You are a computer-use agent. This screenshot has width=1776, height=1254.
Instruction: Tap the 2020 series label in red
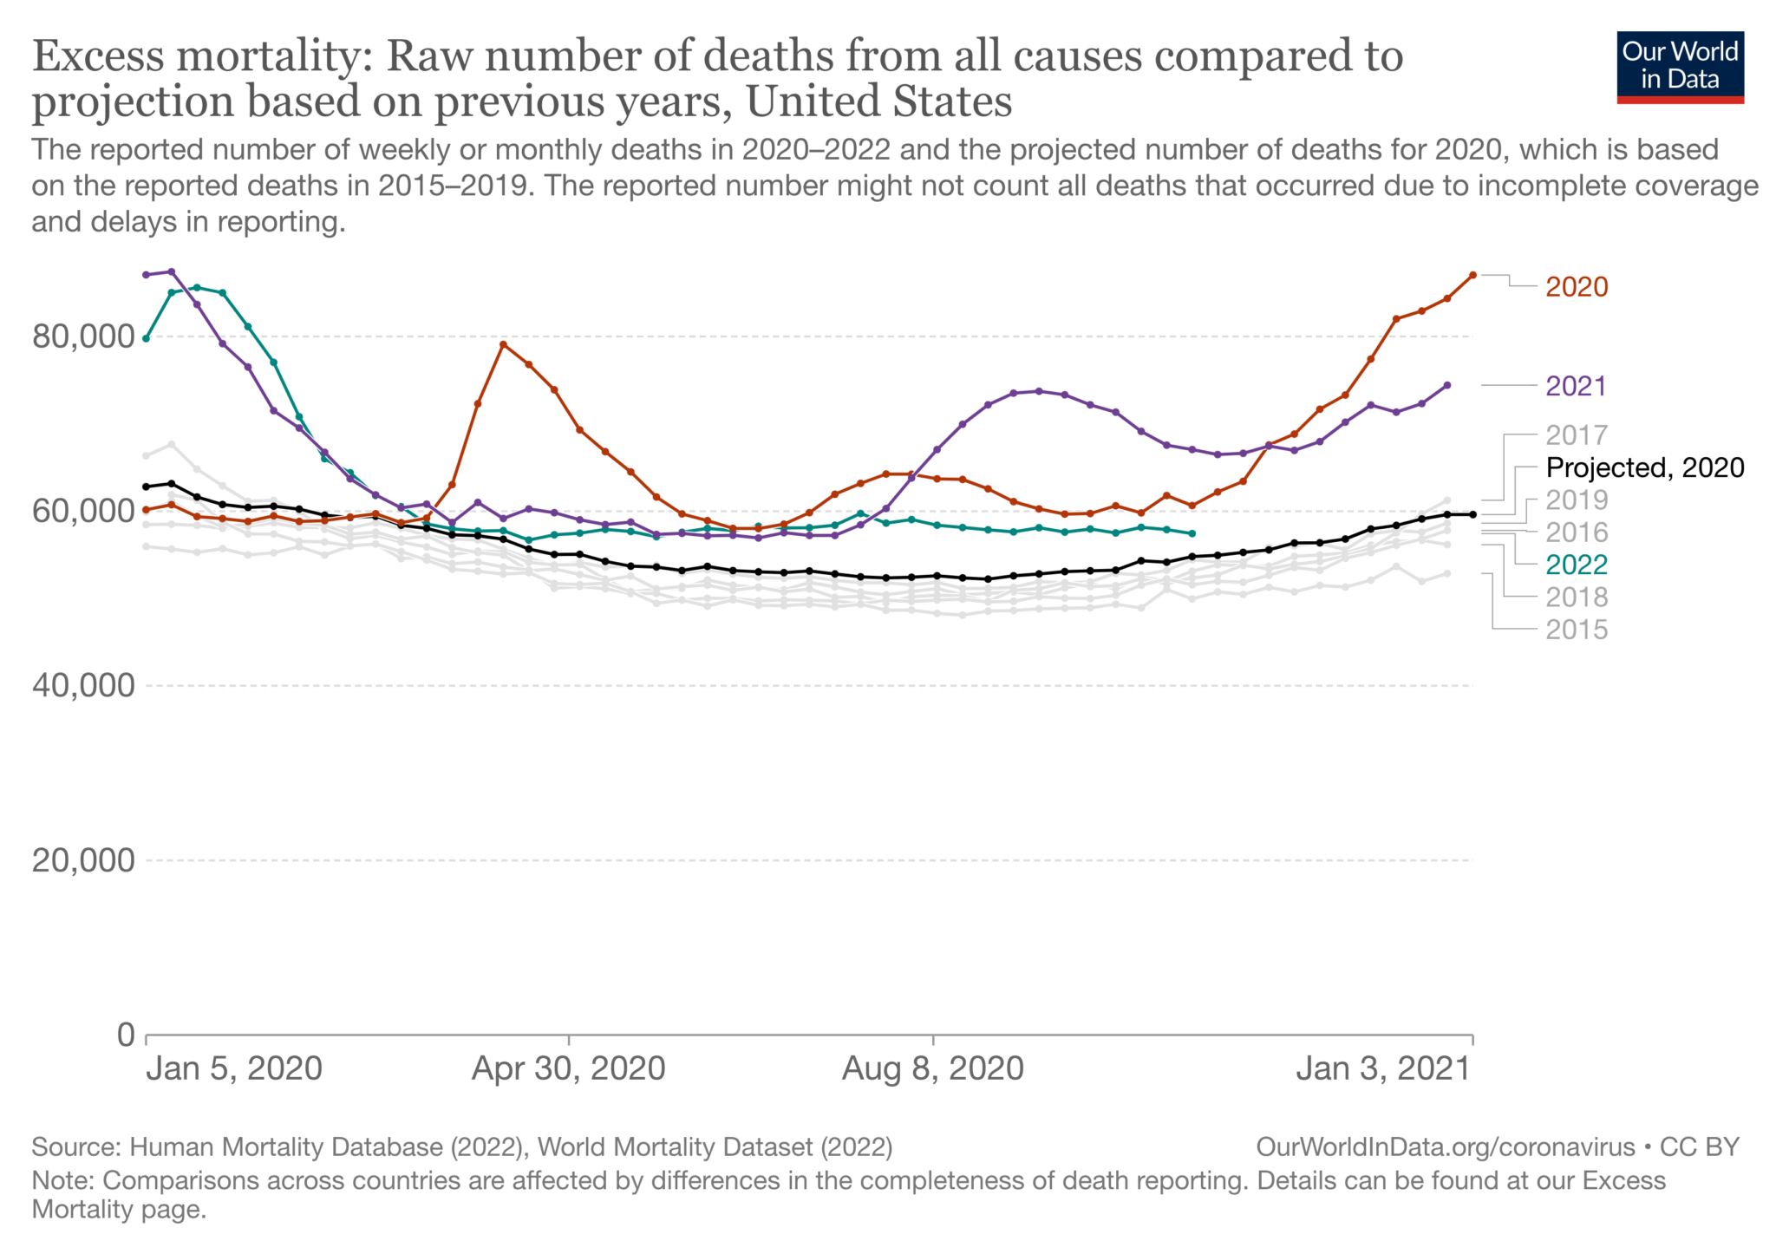pyautogui.click(x=1577, y=287)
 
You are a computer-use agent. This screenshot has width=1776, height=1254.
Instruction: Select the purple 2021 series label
pyautogui.click(x=1576, y=386)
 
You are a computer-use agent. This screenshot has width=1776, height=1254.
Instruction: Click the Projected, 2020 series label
pyautogui.click(x=1644, y=468)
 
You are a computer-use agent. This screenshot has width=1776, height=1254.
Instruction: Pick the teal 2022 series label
pyautogui.click(x=1577, y=565)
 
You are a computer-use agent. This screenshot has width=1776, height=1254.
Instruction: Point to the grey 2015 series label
pyautogui.click(x=1577, y=630)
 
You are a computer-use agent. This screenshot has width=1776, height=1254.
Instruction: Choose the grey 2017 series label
pyautogui.click(x=1577, y=435)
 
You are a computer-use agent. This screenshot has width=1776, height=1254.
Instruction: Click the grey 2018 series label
pyautogui.click(x=1577, y=598)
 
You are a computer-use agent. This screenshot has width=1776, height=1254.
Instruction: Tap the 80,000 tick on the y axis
pyautogui.click(x=83, y=336)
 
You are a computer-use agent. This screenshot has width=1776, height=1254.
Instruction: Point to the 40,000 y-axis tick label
pyautogui.click(x=83, y=686)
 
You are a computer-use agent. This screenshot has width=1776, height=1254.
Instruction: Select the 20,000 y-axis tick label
pyautogui.click(x=83, y=860)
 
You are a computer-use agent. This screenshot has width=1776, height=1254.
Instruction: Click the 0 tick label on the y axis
pyautogui.click(x=127, y=1035)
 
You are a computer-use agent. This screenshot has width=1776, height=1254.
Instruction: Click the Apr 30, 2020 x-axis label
pyautogui.click(x=568, y=1068)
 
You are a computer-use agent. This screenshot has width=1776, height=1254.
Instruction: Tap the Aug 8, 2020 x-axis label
pyautogui.click(x=933, y=1068)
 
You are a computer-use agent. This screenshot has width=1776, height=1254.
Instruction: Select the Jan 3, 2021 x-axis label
pyautogui.click(x=1383, y=1068)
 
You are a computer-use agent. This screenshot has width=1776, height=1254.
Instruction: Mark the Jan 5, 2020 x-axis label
pyautogui.click(x=234, y=1068)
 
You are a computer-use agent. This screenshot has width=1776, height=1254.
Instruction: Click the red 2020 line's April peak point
pyautogui.click(x=503, y=344)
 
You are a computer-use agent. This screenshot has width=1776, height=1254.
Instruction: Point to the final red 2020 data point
pyautogui.click(x=1472, y=275)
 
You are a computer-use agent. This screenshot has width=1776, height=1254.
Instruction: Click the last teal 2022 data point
pyautogui.click(x=1192, y=533)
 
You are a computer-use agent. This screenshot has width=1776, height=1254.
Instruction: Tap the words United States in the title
pyautogui.click(x=878, y=101)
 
